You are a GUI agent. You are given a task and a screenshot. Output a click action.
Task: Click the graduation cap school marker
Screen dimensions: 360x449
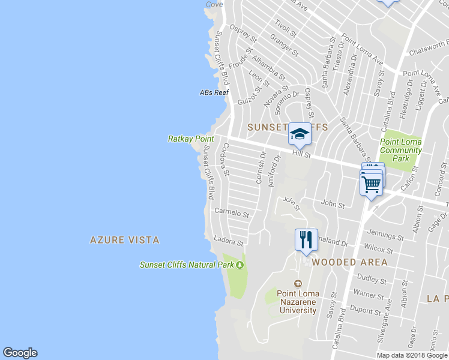[x=299, y=135]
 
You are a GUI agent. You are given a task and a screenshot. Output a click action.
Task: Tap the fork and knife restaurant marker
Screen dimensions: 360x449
[x=306, y=240]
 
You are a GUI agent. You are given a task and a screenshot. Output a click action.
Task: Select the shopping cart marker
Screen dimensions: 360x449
[x=371, y=182]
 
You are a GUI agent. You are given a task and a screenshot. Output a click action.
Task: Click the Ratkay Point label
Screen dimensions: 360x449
[x=190, y=139]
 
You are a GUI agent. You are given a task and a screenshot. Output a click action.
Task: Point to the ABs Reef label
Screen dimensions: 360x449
[x=214, y=92]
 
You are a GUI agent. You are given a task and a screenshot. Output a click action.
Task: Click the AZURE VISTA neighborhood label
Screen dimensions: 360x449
[x=125, y=240]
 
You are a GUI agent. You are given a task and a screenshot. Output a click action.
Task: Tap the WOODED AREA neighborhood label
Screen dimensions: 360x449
[x=349, y=262]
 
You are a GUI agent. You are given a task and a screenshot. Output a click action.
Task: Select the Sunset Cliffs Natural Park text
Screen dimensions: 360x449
[x=187, y=265]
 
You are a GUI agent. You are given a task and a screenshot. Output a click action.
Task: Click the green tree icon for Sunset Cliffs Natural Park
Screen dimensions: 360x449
[x=240, y=265]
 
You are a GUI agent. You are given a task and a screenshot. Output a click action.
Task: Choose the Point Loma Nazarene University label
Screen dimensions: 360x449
[x=297, y=302]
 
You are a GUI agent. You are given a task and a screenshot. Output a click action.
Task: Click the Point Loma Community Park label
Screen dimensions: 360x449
[x=401, y=150]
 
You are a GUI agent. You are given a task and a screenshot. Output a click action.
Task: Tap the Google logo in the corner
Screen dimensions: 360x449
[x=20, y=353]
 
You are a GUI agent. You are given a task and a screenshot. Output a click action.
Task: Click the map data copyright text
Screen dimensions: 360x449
[x=412, y=355]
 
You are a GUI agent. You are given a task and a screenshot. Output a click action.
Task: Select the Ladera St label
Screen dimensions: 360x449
[x=229, y=241]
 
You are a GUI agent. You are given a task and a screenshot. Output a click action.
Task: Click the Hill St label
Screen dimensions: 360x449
[x=301, y=154]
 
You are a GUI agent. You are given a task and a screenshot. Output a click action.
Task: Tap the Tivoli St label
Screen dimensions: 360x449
[x=282, y=28]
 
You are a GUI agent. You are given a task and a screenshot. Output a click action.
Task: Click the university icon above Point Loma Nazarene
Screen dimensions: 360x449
[x=297, y=284]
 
